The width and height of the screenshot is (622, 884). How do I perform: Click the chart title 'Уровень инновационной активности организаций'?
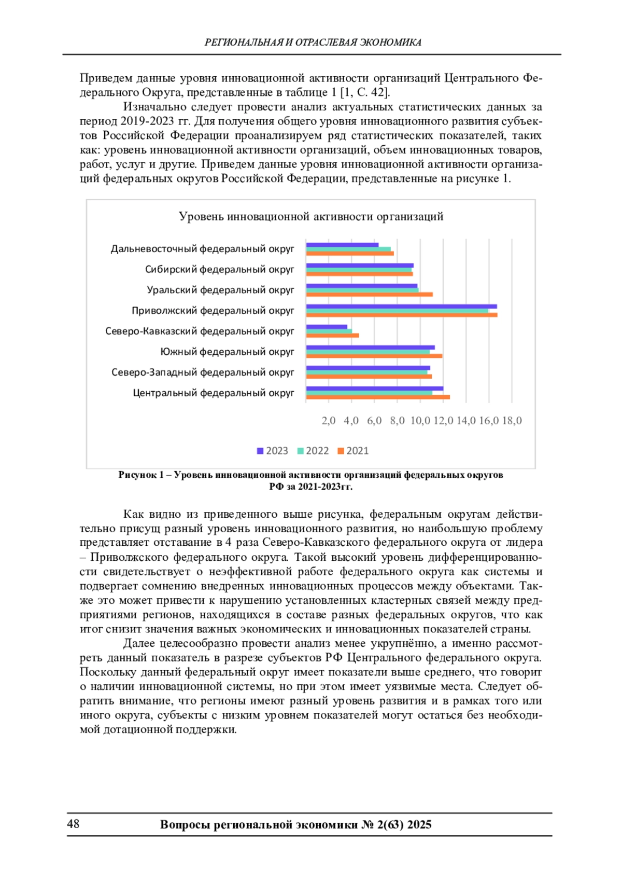311,216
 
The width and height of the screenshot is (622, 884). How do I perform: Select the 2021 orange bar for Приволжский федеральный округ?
401,315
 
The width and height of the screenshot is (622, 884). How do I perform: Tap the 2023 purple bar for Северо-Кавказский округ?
327,327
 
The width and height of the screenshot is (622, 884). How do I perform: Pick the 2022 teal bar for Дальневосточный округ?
348,249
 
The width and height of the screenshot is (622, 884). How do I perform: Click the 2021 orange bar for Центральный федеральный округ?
378,397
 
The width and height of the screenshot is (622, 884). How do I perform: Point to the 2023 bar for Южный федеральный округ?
370,348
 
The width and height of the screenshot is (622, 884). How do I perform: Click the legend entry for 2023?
273,451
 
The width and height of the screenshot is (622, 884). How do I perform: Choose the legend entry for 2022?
313,451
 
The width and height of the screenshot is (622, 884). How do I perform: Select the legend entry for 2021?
353,451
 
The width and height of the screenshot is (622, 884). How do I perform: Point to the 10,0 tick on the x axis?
420,421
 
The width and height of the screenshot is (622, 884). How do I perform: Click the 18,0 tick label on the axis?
512,421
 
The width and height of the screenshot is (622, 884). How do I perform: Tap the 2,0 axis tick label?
329,421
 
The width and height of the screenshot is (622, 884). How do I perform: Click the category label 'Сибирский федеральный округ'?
219,270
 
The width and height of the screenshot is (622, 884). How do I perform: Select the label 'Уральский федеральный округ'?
220,290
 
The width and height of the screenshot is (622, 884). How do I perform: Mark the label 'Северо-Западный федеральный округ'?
203,372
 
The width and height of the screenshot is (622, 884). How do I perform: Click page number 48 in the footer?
73,824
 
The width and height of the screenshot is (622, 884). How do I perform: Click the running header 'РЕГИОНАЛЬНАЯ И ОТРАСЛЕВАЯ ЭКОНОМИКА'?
313,43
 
